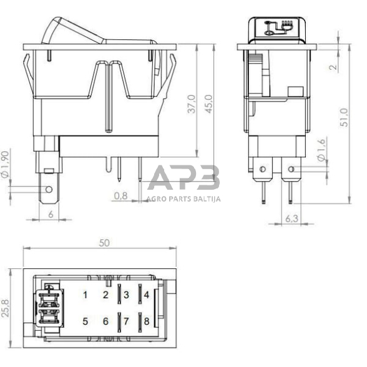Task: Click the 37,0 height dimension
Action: (192, 104)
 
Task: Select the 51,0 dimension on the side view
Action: (341, 116)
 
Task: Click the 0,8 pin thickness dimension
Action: (121, 196)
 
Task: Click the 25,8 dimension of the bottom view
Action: (6, 307)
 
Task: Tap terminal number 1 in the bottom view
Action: (86, 294)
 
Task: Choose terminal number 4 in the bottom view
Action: (145, 294)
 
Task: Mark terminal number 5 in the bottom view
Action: (86, 322)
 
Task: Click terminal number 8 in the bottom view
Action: (145, 322)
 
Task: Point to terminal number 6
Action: (105, 322)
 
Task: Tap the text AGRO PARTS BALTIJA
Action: (183, 200)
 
